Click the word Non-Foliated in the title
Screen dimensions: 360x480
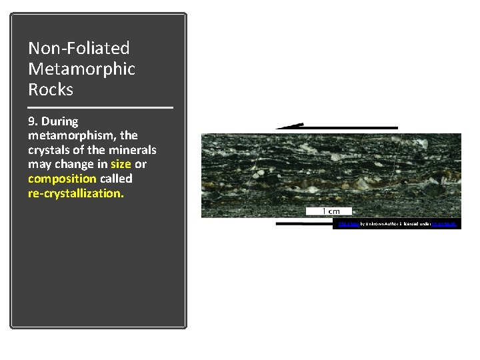79,48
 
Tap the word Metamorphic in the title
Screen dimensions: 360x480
81,69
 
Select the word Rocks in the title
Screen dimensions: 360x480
51,89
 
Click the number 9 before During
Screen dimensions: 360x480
31,121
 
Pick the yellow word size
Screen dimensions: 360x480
121,164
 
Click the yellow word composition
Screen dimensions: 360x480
63,179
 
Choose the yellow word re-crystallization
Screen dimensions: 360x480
75,193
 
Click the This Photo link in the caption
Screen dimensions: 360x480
347,225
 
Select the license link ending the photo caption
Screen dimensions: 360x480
444,225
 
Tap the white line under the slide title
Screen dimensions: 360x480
100,107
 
